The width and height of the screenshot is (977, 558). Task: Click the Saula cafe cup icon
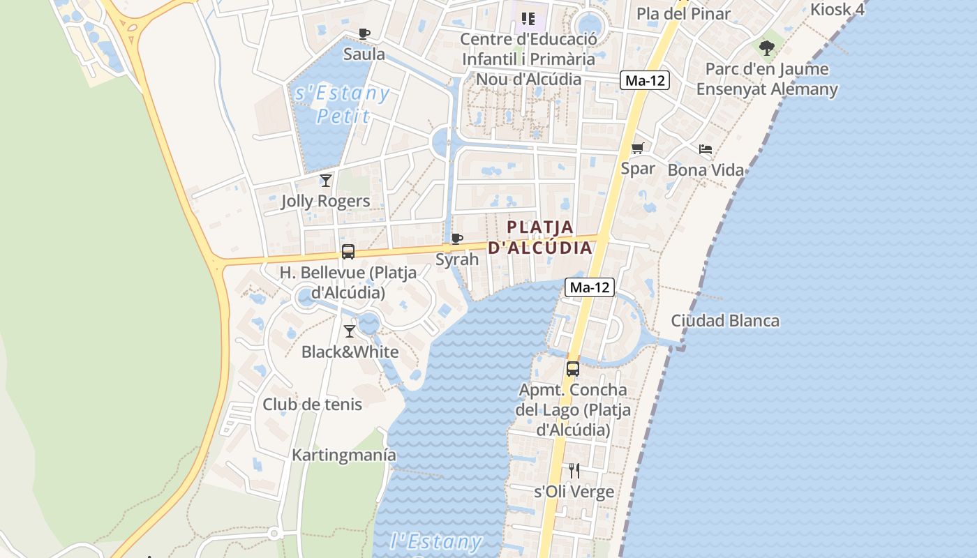click(364, 33)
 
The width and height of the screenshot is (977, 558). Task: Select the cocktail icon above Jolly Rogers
click(325, 181)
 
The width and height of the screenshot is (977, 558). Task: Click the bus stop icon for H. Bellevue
click(348, 252)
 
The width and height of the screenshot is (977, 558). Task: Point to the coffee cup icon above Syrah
click(456, 239)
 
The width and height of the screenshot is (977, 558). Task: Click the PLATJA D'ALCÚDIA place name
click(540, 237)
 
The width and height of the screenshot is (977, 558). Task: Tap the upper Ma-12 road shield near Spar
click(645, 80)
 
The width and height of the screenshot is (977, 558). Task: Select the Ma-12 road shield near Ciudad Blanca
click(590, 287)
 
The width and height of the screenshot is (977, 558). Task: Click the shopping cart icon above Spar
click(637, 149)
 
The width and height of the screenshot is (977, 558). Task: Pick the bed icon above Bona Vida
click(706, 149)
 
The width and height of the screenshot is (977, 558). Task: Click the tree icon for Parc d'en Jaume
click(767, 48)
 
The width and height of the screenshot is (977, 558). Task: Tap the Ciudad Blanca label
click(725, 321)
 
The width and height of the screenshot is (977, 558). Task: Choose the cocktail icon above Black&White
click(350, 331)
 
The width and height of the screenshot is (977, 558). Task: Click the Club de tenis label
click(312, 404)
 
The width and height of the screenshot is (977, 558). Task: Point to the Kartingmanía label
click(344, 455)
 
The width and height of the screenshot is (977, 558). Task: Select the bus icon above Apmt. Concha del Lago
click(572, 369)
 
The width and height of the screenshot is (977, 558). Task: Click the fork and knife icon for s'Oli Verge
click(574, 471)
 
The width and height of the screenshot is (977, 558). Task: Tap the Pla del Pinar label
click(683, 13)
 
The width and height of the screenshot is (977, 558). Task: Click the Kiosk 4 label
click(837, 10)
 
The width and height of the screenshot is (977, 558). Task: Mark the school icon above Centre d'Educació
click(528, 18)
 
